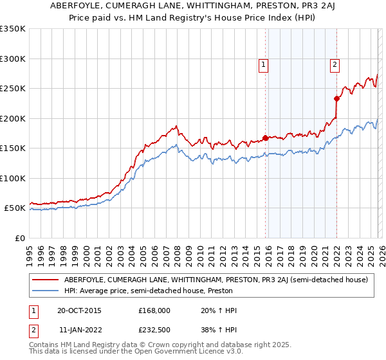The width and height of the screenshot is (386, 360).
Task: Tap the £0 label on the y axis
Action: tap(19, 238)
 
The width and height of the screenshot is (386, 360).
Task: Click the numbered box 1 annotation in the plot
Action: tap(264, 64)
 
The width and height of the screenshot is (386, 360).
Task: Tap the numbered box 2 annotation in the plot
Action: tap(335, 64)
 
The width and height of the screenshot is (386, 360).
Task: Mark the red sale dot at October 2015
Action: tap(265, 138)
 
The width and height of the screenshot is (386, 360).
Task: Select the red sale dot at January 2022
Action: tap(336, 99)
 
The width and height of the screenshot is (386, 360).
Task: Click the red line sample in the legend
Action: tap(46, 280)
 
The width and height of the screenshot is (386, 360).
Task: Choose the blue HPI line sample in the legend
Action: tap(46, 291)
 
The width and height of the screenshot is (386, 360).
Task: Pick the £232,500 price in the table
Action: tap(154, 328)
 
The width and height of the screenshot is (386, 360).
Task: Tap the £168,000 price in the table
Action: tap(154, 310)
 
